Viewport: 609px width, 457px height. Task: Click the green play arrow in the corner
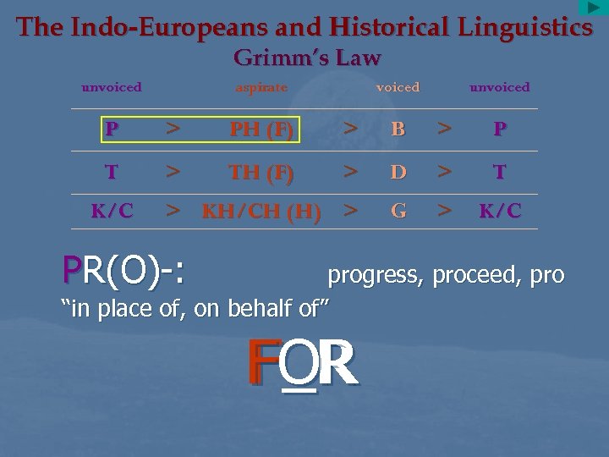594,8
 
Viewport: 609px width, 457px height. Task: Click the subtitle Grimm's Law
307,58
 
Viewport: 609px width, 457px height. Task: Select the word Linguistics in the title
525,27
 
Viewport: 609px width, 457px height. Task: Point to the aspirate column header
261,87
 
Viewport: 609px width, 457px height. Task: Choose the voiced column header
398,87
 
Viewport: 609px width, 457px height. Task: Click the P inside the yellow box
112,129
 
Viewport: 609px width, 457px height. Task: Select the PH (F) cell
261,130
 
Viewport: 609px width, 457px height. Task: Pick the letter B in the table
398,129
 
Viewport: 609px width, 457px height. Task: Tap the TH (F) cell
261,173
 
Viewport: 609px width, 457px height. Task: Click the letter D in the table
398,172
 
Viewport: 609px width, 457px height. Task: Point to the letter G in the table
398,211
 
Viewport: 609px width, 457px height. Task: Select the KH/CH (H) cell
261,212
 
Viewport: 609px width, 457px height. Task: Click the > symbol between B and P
444,129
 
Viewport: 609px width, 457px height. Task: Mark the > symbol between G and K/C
444,211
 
